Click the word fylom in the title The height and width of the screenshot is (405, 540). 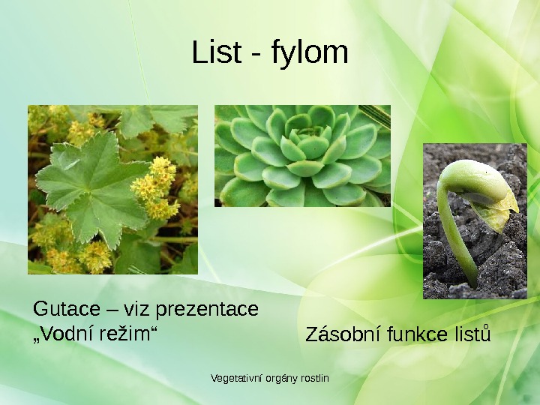[309, 54]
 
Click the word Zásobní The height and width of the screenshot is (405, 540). [343, 334]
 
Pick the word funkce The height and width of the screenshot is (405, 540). [418, 334]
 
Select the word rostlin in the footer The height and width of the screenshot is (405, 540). [314, 377]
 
